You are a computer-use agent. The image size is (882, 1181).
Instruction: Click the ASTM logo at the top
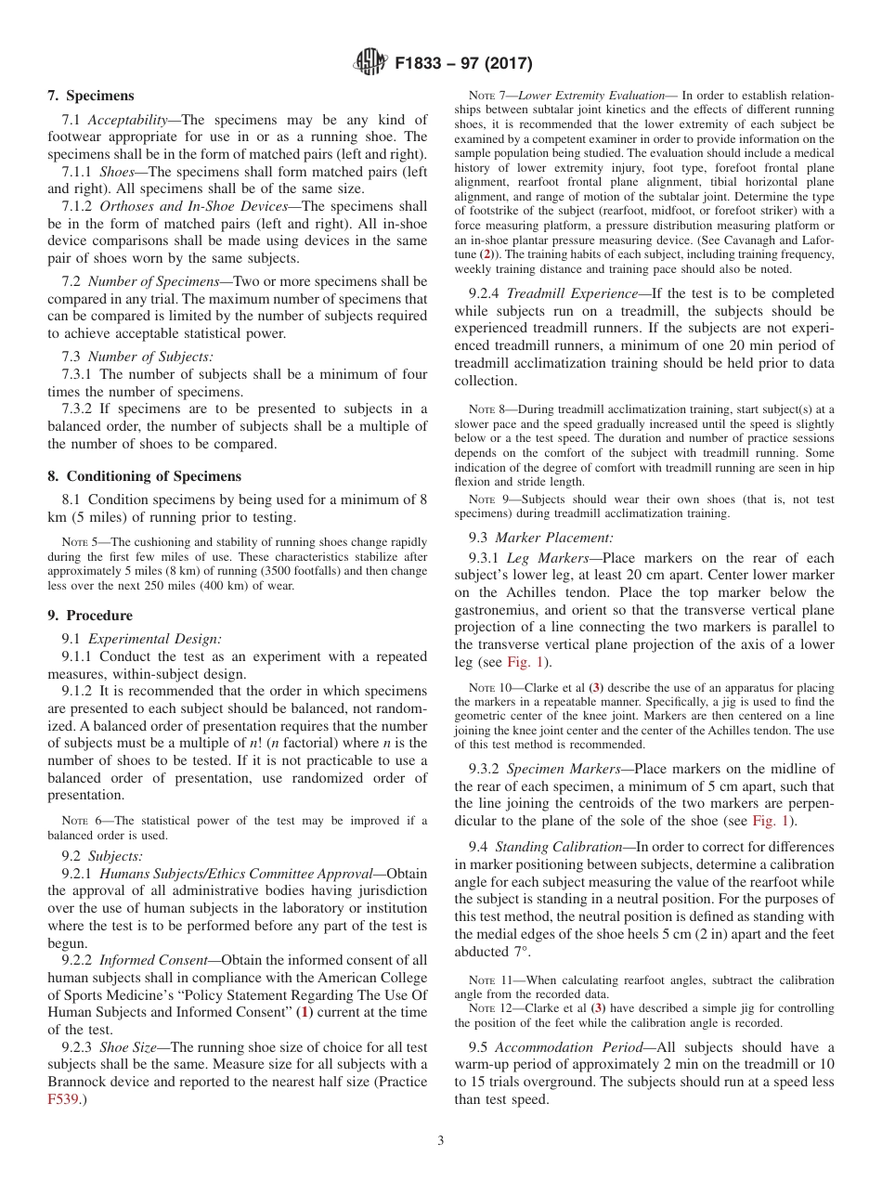tap(370, 63)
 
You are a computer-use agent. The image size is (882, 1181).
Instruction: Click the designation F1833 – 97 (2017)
tap(463, 64)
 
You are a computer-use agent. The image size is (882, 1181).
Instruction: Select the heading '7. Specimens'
tap(90, 96)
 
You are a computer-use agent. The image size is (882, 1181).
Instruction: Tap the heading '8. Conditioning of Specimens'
tap(144, 476)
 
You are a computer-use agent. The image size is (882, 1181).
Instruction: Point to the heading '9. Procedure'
tap(90, 616)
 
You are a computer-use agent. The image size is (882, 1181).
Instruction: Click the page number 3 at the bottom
tap(441, 1140)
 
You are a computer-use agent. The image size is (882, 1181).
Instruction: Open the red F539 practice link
tap(64, 1099)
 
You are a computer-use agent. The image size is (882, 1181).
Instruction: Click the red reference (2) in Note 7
tap(511, 253)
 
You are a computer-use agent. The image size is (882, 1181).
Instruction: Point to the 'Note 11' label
tap(487, 980)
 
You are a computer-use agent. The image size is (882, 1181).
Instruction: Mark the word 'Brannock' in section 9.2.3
tap(83, 1082)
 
